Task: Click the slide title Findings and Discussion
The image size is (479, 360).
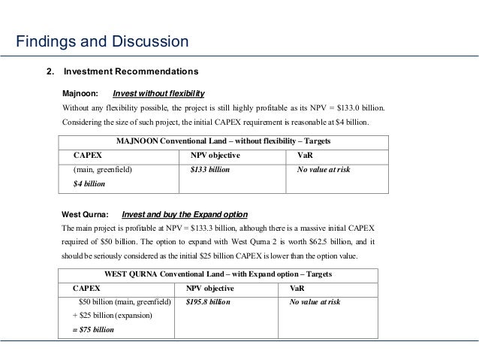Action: (102, 41)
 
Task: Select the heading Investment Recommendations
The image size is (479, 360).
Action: (131, 72)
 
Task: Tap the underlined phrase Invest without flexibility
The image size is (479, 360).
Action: (158, 94)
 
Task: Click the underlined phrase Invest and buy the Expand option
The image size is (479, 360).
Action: (184, 214)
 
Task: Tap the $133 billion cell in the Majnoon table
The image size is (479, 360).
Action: (210, 170)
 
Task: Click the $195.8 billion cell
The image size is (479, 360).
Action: (208, 302)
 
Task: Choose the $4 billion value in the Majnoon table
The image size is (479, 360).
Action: (89, 183)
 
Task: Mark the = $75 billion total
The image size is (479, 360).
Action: (93, 329)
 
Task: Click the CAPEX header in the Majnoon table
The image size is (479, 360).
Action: (88, 155)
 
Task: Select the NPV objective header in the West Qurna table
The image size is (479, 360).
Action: (209, 288)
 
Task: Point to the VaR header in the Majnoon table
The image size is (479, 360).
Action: (306, 155)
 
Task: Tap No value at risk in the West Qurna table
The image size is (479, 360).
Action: (315, 302)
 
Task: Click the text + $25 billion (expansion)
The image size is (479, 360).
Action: (110, 316)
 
